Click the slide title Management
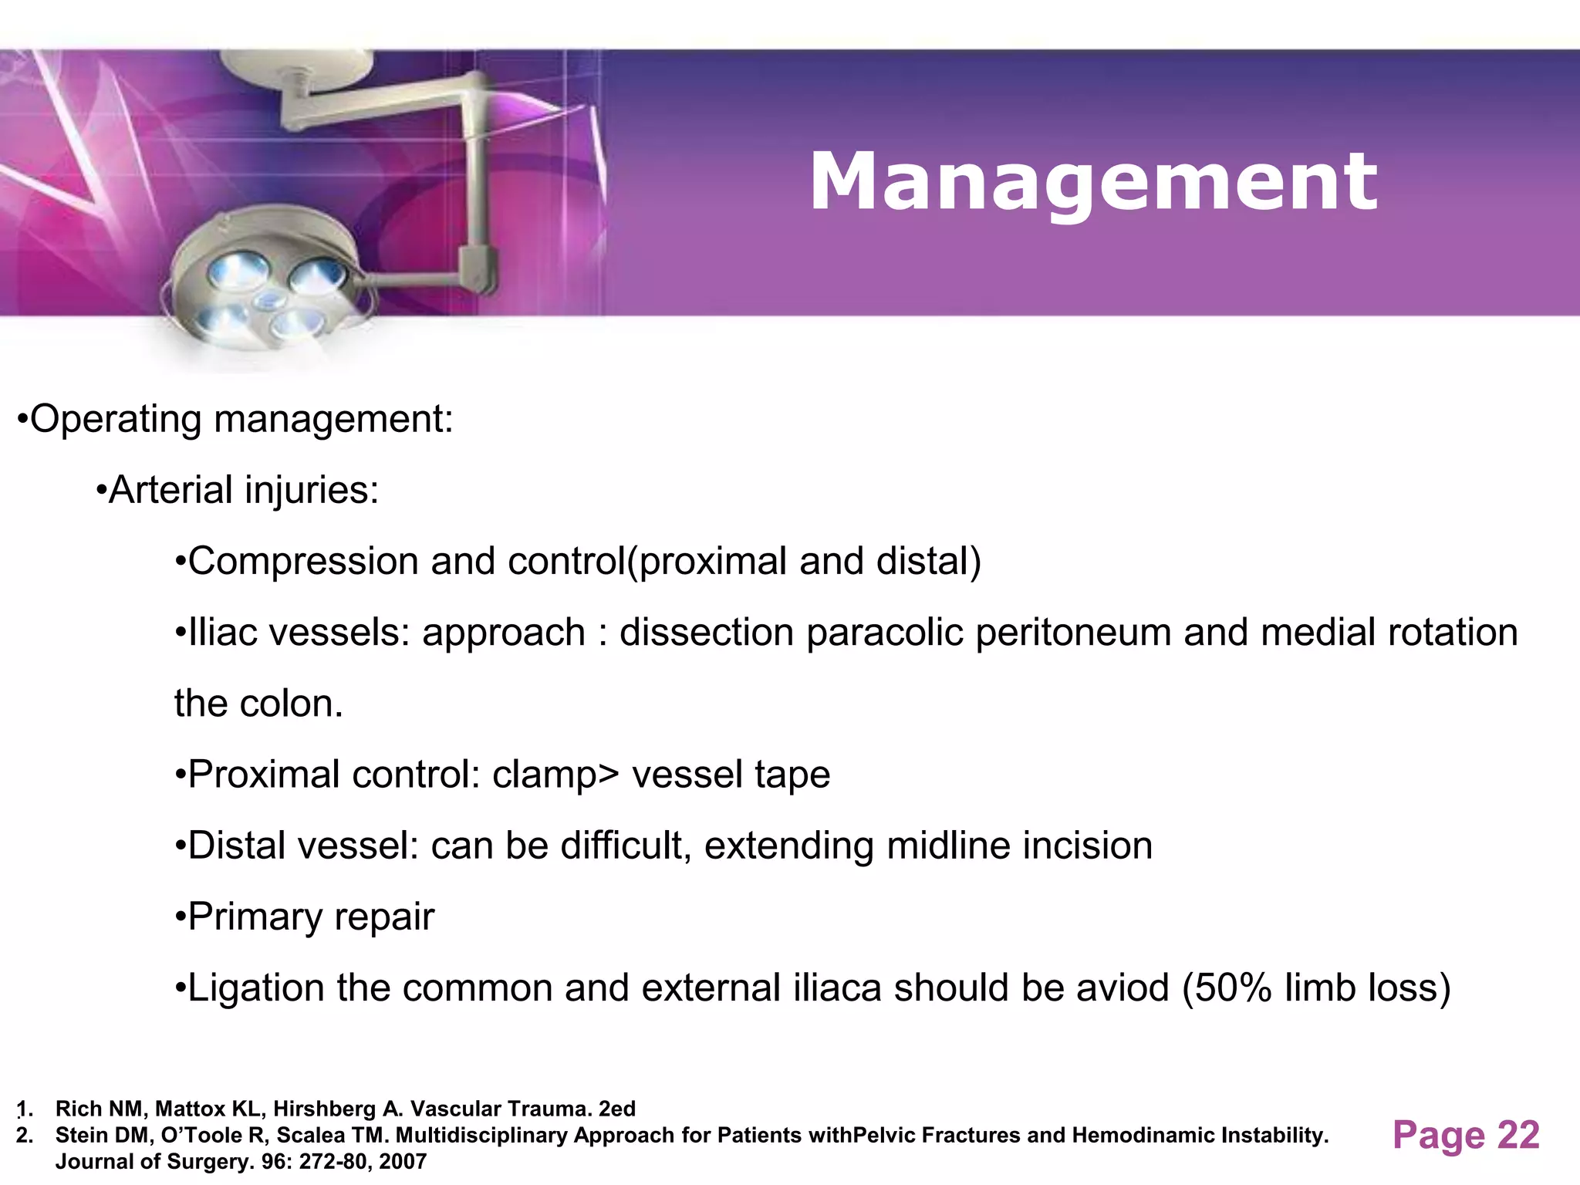click(x=1092, y=182)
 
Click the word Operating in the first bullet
click(x=116, y=420)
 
